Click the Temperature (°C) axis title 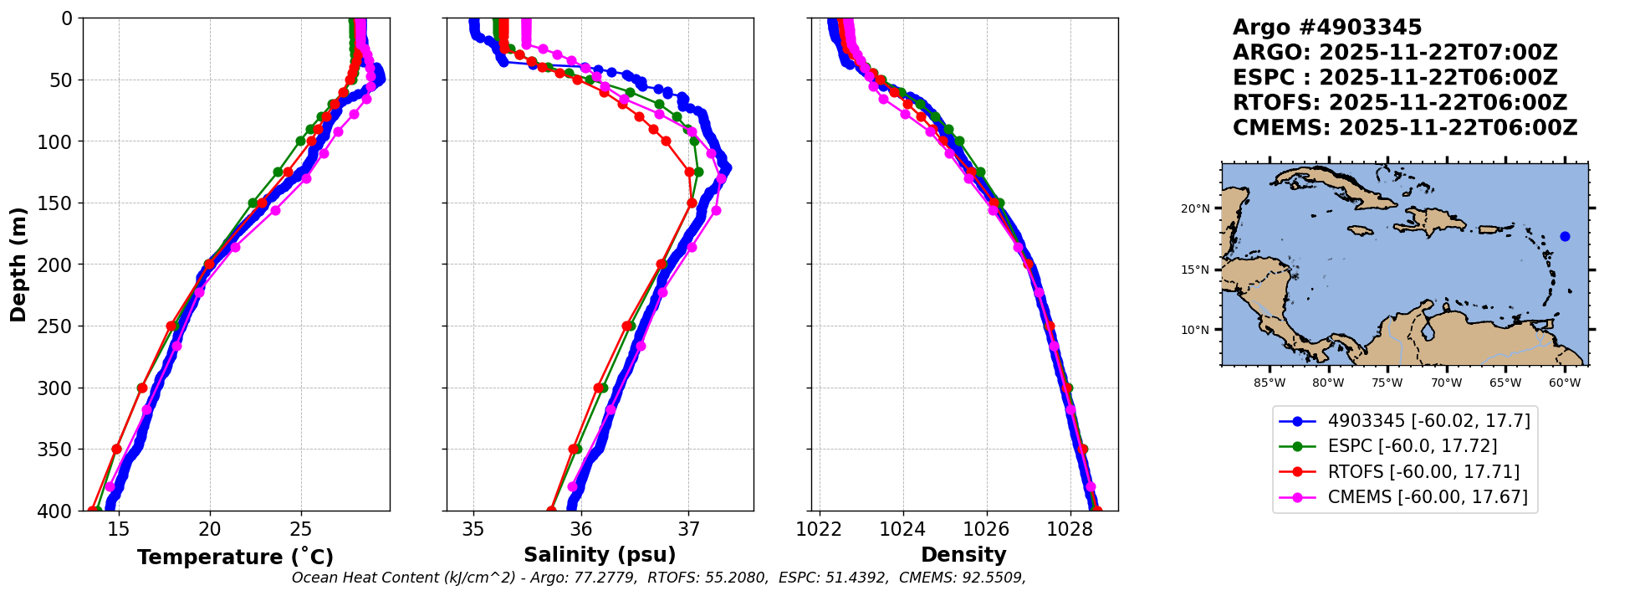[x=235, y=557]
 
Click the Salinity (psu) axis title [x=600, y=555]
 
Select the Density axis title [x=963, y=555]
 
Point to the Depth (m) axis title [x=18, y=265]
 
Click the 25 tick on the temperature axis [x=301, y=530]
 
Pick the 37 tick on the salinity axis [x=688, y=530]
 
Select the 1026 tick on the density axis [x=987, y=530]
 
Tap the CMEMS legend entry [x=1427, y=497]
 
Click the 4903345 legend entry [x=1428, y=421]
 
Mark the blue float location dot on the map [x=1565, y=237]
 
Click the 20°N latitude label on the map [x=1195, y=208]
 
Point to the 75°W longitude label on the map [x=1387, y=383]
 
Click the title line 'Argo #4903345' [x=1327, y=28]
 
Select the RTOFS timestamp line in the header [x=1399, y=103]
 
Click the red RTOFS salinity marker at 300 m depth [x=599, y=388]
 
